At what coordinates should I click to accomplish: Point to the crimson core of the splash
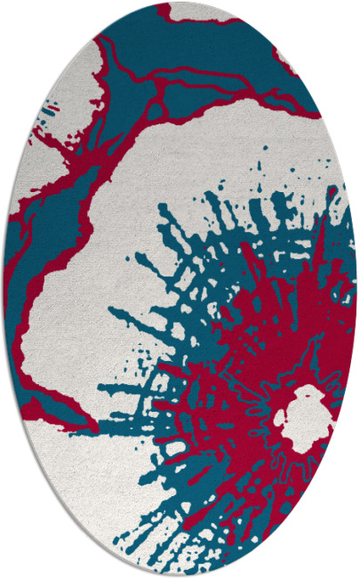click(x=267, y=356)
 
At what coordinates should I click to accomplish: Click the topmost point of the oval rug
click(x=180, y=2)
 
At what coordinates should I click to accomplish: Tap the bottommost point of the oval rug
click(x=180, y=576)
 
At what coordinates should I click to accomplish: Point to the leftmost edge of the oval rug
click(x=3, y=289)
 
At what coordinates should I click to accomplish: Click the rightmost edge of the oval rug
click(x=357, y=289)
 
